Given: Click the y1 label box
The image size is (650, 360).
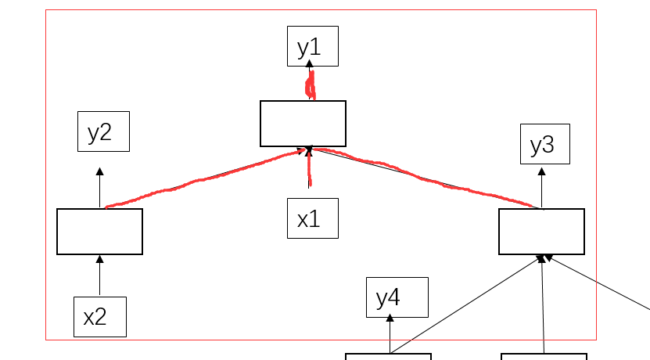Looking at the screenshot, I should click(312, 46).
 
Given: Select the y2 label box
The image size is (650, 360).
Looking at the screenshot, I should click(103, 131).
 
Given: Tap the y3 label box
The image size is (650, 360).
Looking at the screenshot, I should click(544, 144).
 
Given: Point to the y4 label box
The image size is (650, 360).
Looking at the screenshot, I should click(397, 297).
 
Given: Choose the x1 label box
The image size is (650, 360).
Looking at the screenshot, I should click(312, 218).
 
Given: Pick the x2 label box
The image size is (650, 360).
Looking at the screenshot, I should click(100, 316).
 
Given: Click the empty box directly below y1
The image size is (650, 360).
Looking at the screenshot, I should click(303, 124).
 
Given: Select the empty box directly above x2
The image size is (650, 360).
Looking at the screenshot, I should click(99, 232).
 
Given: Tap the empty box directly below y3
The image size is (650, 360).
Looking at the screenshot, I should click(541, 232).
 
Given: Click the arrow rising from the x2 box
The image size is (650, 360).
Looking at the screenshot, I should click(99, 275).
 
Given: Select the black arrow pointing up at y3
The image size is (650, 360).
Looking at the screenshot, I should click(542, 186).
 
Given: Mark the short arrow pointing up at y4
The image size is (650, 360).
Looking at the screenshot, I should click(390, 335).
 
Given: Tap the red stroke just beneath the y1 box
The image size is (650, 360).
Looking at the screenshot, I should click(311, 85).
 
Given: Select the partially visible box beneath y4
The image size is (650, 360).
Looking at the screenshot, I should click(388, 356).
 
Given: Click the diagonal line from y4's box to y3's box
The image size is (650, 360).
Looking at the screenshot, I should click(469, 304).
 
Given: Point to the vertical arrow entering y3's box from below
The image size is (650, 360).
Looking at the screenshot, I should click(543, 305).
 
